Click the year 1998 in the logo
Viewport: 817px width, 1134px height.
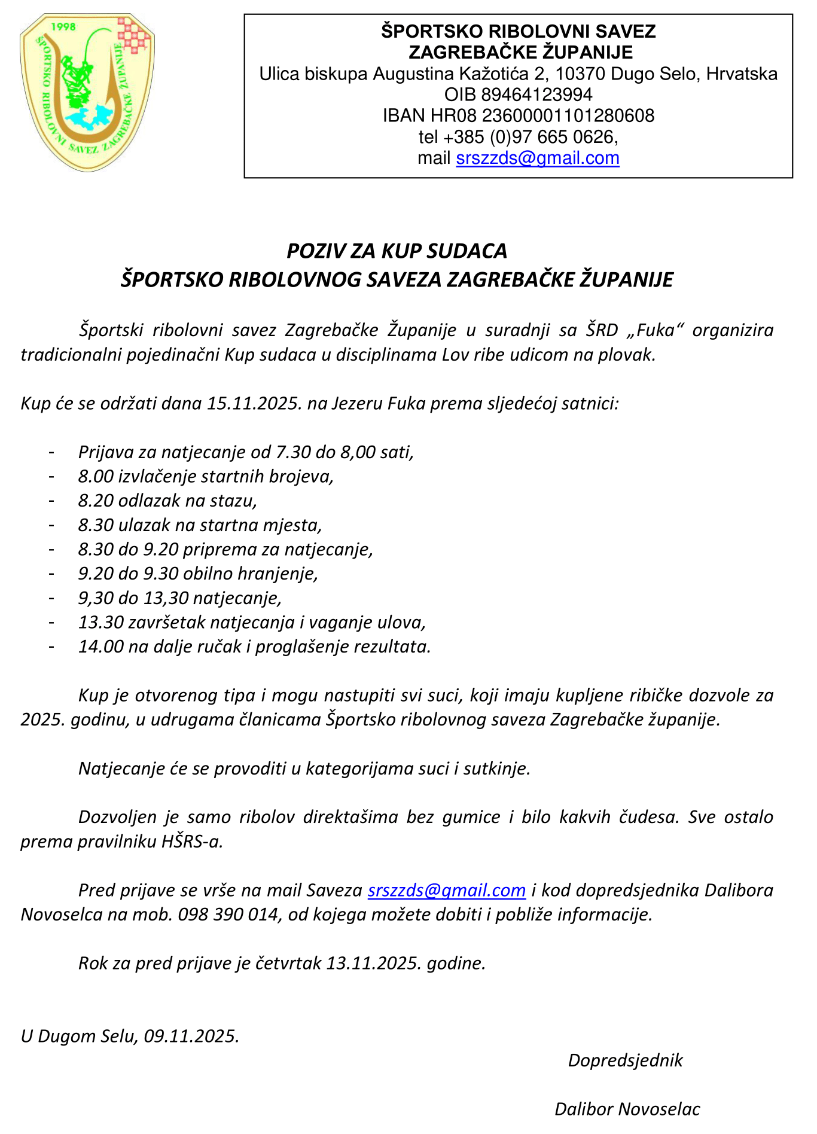coord(64,27)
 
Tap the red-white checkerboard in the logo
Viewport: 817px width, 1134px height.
coord(134,36)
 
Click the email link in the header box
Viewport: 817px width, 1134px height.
coord(537,158)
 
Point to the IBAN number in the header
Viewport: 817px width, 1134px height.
coord(568,115)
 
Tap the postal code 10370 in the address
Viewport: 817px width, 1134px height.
coord(572,74)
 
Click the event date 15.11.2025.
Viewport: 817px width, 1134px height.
coord(254,403)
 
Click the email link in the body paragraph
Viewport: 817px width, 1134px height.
coord(447,891)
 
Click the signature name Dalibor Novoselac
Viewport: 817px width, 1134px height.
coord(627,1109)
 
